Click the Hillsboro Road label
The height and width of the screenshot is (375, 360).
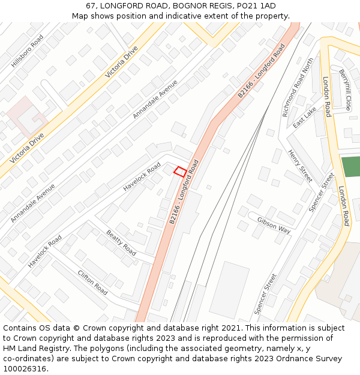28,51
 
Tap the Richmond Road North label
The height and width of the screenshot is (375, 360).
298,87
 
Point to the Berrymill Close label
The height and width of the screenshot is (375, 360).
345,90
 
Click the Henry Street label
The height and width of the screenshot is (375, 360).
300,166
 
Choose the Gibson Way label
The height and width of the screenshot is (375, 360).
274,225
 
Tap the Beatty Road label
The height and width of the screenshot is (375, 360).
121,243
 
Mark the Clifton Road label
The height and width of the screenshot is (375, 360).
92,282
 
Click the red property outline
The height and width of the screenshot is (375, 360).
179,172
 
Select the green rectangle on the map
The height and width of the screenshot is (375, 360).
350,166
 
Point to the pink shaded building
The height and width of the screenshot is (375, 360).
24,114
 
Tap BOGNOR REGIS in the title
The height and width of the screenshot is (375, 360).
201,6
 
